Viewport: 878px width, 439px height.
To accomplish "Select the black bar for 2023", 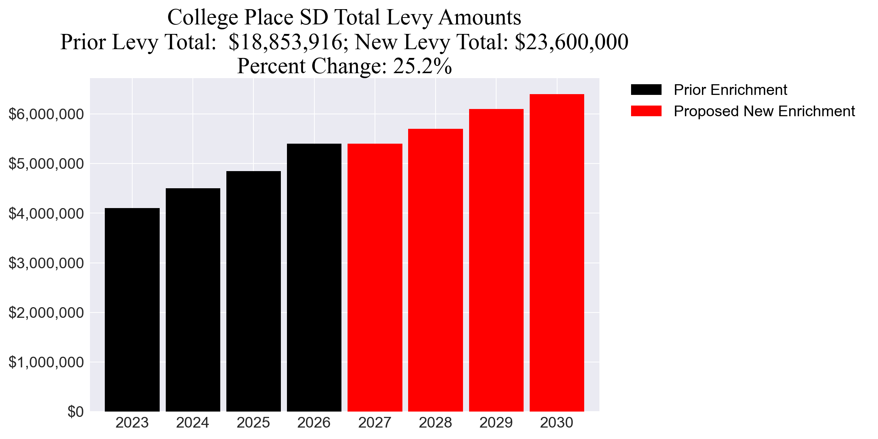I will tap(132, 309).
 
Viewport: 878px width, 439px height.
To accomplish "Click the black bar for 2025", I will tap(253, 291).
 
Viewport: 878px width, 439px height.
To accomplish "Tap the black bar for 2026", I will tap(314, 277).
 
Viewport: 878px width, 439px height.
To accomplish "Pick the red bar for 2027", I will tap(375, 277).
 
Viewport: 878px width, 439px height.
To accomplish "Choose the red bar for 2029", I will tap(496, 260).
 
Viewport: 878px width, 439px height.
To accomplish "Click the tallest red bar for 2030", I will tap(557, 252).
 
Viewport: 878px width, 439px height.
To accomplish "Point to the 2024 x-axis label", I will tap(192, 423).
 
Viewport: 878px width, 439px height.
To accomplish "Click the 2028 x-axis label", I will tap(435, 423).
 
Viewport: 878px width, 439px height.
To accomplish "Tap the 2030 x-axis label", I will tap(556, 423).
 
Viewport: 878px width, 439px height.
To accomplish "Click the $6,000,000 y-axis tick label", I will tap(46, 114).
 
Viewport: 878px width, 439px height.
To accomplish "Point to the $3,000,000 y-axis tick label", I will tap(46, 263).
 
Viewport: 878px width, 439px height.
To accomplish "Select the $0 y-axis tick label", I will tap(75, 412).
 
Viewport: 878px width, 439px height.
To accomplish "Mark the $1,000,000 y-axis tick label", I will tap(46, 362).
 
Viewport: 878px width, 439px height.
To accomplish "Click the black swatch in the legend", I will tap(646, 90).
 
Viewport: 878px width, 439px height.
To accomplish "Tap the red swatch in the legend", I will tap(646, 111).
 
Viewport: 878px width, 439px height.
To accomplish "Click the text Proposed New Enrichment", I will tap(764, 111).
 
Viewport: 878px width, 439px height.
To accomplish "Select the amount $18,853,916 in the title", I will tap(285, 42).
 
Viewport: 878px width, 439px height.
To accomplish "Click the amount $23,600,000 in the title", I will tap(571, 42).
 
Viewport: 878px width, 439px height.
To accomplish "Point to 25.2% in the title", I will tap(422, 66).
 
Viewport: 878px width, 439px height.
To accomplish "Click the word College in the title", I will tap(203, 18).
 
